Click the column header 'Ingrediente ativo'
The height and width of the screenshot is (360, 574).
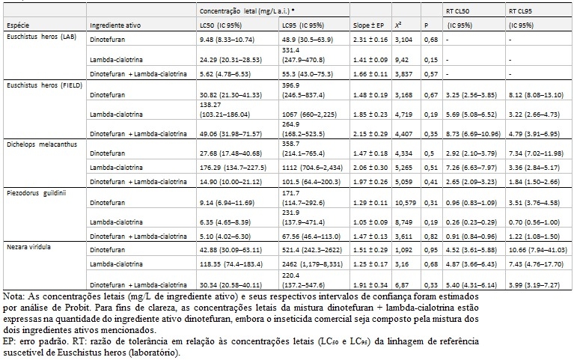click(x=115, y=25)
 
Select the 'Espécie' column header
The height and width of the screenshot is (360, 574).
click(x=18, y=25)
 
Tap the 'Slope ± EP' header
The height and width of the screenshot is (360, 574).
click(x=369, y=25)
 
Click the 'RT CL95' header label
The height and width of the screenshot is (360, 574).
click(x=521, y=11)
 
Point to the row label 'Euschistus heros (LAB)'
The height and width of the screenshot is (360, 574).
click(x=41, y=37)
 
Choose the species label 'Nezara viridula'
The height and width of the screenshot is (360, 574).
click(x=28, y=247)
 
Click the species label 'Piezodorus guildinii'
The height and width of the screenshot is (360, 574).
click(x=36, y=193)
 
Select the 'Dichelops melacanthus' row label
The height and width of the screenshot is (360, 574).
click(x=42, y=144)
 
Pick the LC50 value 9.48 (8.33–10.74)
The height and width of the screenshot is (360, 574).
click(x=227, y=40)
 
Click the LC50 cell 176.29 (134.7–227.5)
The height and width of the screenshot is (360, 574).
click(x=233, y=168)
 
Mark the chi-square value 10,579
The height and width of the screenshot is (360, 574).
click(x=405, y=203)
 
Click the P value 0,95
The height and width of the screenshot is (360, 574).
click(x=431, y=250)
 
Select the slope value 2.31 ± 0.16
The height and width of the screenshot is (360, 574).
click(x=370, y=40)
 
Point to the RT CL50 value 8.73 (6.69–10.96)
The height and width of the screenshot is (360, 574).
click(x=473, y=134)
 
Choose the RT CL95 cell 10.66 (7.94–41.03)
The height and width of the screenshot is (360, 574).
click(x=538, y=250)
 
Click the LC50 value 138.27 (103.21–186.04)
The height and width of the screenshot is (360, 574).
click(x=225, y=110)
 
